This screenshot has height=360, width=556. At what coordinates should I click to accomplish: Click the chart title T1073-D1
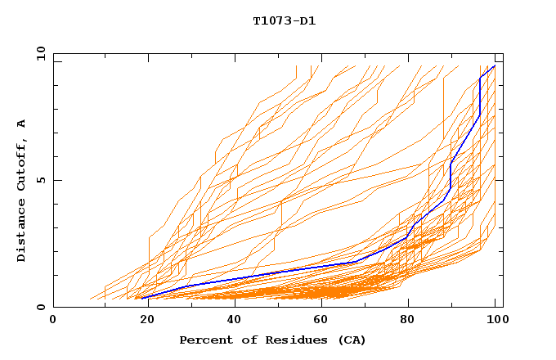click(x=284, y=20)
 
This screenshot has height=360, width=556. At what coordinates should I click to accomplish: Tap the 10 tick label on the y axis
click(x=38, y=52)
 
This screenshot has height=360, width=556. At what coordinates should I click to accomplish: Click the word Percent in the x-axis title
click(x=202, y=340)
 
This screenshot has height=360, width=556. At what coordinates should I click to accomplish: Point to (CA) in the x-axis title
click(x=352, y=340)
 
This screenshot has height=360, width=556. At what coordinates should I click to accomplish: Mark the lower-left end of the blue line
click(x=142, y=298)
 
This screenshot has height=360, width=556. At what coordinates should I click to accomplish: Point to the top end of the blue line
click(x=495, y=65)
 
